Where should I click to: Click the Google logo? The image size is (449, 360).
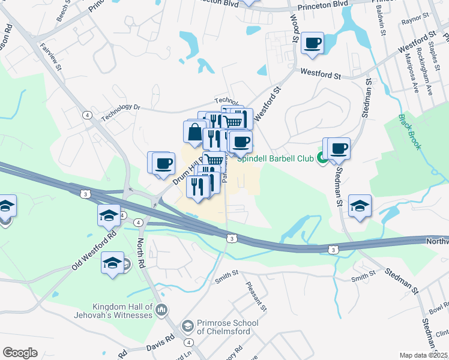(x=20, y=353)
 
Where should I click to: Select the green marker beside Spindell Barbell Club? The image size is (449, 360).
(x=322, y=159)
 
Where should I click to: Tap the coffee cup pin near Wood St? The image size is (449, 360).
(x=312, y=44)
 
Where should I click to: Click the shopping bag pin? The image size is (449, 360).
(x=195, y=133)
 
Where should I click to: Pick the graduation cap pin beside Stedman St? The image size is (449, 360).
(x=360, y=206)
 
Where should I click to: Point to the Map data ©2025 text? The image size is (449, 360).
(x=424, y=355)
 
